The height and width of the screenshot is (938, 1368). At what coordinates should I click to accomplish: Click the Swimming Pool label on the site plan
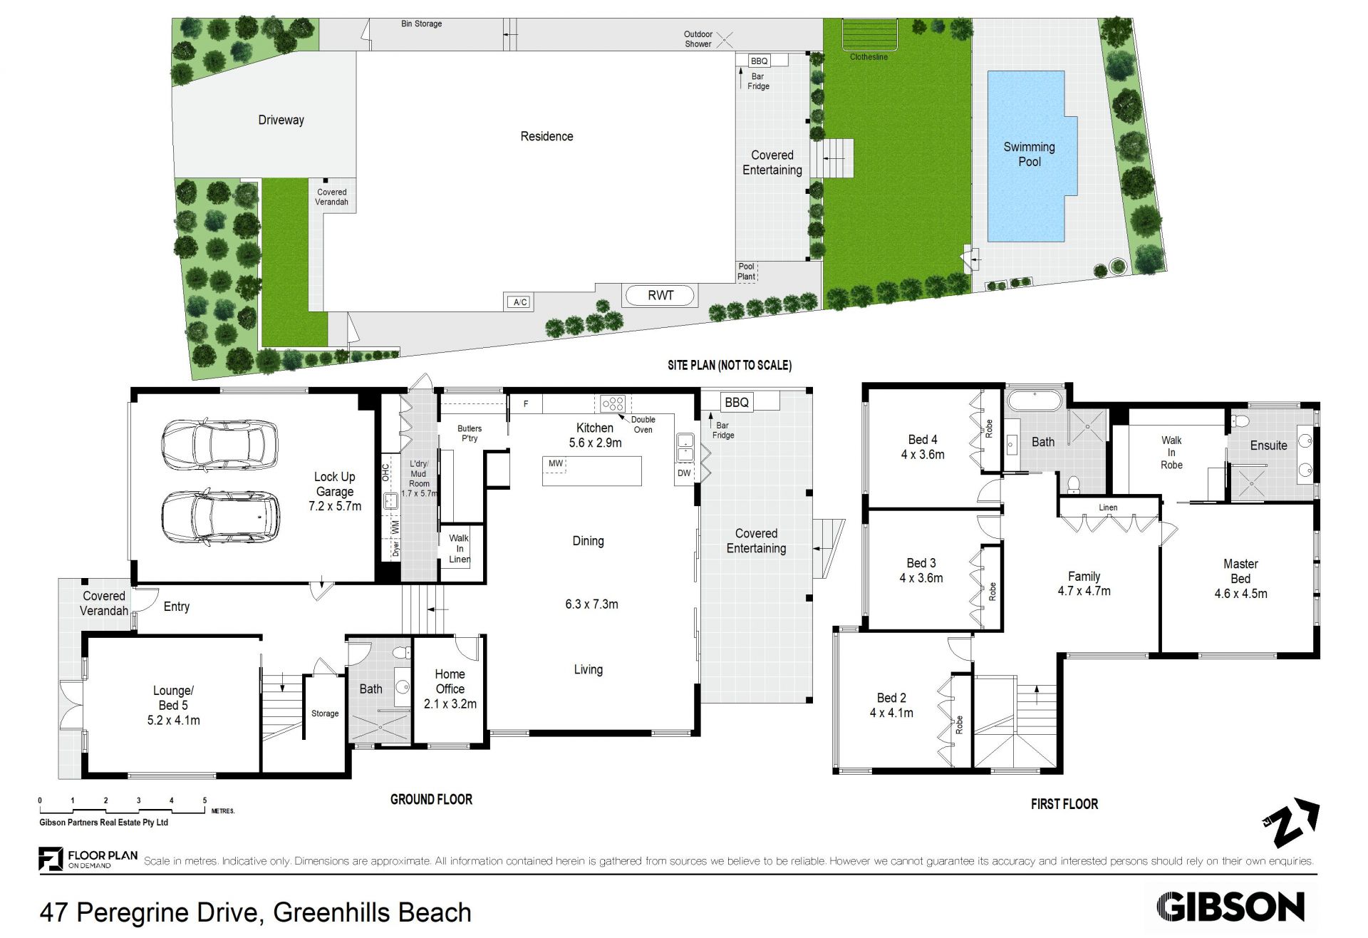[1029, 154]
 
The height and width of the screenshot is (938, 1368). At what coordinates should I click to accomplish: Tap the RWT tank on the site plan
[660, 295]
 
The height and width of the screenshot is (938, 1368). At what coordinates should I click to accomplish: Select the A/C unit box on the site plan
[520, 302]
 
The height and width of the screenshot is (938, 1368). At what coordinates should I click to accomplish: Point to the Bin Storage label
[421, 24]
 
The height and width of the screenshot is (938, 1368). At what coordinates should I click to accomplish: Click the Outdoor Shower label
[698, 39]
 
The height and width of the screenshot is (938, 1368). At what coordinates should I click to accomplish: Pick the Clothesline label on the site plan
[869, 57]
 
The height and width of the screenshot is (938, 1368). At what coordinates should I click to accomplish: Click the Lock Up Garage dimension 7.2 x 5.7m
[335, 506]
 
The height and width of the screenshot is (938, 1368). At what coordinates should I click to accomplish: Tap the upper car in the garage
[219, 444]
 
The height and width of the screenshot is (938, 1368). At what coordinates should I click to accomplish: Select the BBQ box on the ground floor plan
[737, 402]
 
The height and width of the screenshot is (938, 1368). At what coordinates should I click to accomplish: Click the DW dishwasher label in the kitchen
[684, 473]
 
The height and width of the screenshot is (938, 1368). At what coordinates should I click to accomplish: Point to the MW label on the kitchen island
[556, 463]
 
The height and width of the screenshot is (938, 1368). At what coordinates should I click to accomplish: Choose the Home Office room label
[450, 681]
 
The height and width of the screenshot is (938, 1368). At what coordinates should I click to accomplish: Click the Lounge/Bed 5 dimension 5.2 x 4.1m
[173, 721]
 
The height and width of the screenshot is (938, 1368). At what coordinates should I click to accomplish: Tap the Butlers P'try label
[470, 433]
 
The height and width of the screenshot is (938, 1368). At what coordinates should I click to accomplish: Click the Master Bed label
[1240, 571]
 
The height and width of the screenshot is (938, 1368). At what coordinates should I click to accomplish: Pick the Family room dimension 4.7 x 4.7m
[1084, 591]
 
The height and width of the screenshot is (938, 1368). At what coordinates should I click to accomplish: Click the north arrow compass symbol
[1290, 823]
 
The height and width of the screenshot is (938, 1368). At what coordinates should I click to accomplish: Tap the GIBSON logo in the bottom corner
[1230, 907]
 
